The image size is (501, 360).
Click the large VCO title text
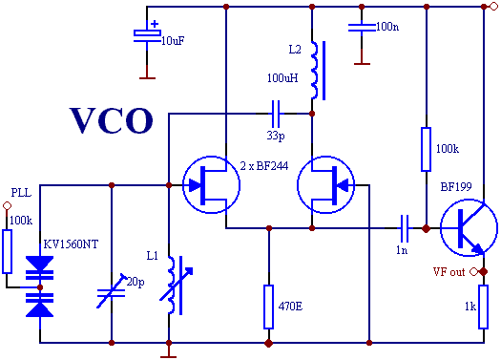tap(111, 121)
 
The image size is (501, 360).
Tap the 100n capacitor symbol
tap(361, 27)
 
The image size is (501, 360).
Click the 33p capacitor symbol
tap(276, 114)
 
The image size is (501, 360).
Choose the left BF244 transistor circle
tap(208, 181)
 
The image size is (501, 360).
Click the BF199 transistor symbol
tap(468, 228)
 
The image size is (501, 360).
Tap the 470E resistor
tap(269, 305)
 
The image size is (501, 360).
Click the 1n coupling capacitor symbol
tap(406, 228)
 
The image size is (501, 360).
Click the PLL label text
tap(20, 192)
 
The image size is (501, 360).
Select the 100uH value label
tap(284, 76)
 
